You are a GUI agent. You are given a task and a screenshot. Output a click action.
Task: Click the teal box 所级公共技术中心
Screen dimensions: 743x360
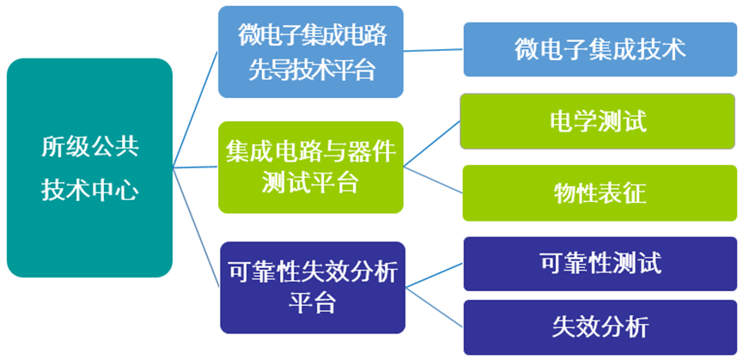(89, 168)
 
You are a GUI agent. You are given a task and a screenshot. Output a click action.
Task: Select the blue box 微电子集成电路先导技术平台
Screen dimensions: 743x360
(311, 52)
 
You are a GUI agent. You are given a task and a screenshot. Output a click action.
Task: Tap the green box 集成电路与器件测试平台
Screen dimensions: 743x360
(311, 168)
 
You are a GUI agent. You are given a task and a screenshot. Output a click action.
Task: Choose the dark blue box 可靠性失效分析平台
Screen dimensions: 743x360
(313, 288)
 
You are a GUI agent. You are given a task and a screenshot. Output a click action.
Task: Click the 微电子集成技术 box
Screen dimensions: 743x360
(600, 49)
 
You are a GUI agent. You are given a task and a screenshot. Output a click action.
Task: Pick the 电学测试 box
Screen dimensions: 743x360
(598, 121)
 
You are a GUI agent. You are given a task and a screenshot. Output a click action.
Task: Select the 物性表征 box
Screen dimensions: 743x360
(600, 192)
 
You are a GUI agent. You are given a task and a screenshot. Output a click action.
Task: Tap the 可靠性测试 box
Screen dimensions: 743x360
(600, 264)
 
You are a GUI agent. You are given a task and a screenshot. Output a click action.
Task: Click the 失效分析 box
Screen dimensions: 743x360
(600, 327)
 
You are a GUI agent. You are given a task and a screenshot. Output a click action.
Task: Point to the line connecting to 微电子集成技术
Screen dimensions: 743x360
(434, 50)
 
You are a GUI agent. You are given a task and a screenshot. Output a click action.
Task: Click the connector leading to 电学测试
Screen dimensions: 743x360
(432, 143)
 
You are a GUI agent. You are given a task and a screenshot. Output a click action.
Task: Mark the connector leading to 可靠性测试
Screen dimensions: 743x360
(435, 275)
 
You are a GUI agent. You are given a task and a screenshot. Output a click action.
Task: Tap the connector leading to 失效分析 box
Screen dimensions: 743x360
(435, 307)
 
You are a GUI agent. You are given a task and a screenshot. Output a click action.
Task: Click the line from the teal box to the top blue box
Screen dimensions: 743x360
(195, 109)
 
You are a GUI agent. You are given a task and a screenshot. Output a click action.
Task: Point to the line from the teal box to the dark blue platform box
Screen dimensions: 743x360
(196, 227)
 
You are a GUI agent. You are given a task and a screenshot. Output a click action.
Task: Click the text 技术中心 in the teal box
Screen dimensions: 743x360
(90, 191)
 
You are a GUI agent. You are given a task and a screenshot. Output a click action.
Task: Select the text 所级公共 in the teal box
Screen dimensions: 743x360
(90, 147)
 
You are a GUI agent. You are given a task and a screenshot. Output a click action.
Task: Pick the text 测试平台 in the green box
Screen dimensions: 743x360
(311, 181)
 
